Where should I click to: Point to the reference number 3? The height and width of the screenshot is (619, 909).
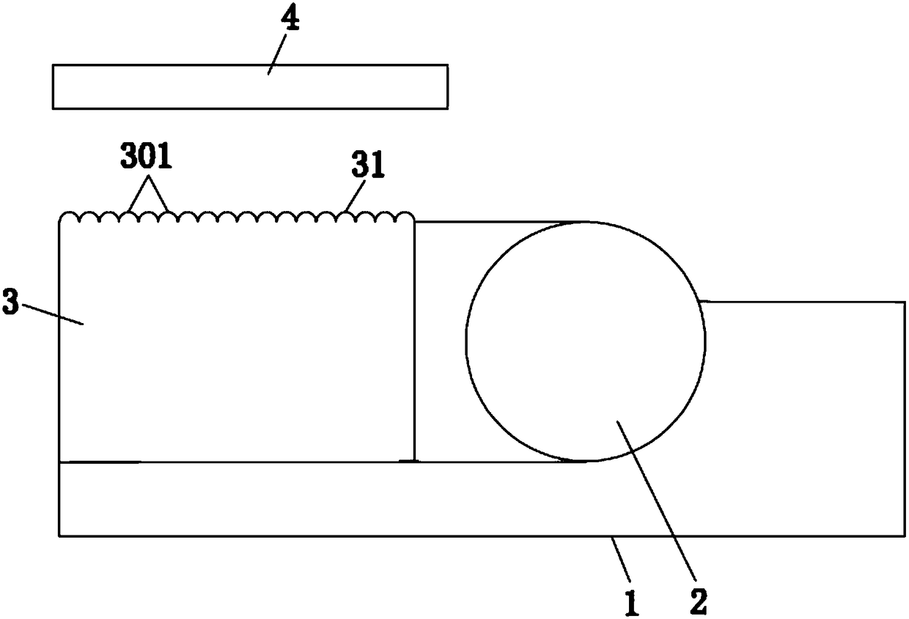pos(10,305)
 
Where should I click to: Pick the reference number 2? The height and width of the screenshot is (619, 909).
pos(699,601)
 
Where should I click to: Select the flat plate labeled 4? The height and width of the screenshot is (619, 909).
pos(250,87)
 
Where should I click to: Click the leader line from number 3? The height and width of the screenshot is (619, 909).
pos(51,314)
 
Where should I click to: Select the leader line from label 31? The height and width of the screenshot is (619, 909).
pos(354,198)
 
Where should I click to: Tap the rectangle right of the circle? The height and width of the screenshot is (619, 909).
pos(803,381)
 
